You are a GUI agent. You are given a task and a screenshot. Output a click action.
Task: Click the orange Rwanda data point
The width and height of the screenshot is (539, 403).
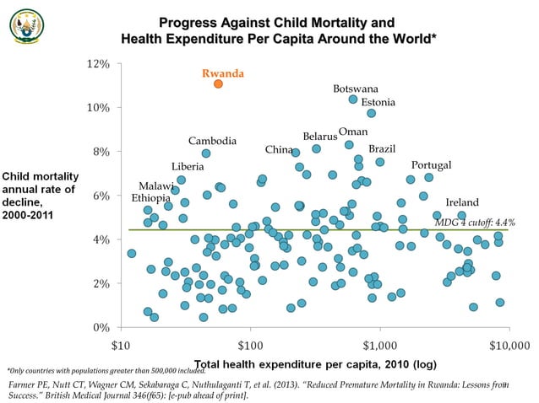(219, 83)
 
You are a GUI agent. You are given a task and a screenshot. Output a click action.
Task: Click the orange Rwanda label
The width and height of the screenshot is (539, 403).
(223, 73)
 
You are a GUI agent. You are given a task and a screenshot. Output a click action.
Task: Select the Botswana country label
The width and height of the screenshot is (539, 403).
(356, 89)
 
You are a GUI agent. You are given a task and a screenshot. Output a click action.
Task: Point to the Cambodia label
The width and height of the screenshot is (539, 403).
(212, 141)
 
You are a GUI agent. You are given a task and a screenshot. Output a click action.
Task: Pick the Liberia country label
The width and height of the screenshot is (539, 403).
(188, 166)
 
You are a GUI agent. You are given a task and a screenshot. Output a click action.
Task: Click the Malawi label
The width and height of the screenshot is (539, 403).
(155, 185)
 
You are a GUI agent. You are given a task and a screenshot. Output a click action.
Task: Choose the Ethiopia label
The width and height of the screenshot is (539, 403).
(151, 198)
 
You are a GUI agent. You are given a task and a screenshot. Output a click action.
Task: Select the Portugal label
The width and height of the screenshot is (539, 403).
(431, 164)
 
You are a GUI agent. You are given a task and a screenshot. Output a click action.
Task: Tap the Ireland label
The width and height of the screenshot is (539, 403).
(462, 202)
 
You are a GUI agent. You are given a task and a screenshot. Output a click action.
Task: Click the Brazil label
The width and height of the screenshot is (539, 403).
(382, 148)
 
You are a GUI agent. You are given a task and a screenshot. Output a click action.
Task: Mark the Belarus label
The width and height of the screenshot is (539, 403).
(319, 137)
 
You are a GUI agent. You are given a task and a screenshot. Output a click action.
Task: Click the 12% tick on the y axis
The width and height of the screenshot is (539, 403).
(98, 64)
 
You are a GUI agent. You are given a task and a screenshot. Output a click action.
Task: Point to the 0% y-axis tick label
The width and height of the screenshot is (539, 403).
(101, 327)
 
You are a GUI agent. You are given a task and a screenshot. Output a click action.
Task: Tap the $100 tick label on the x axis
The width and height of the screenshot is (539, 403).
(250, 345)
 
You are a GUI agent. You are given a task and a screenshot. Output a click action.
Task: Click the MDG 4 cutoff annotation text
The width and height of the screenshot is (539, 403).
(474, 222)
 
